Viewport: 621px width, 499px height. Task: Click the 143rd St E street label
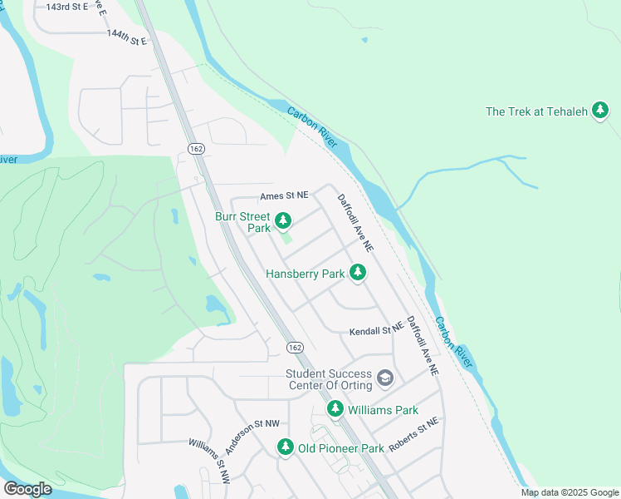pyautogui.click(x=71, y=7)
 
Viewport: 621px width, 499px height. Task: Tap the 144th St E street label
pyautogui.click(x=126, y=37)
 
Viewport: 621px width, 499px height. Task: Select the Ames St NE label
pyautogui.click(x=284, y=195)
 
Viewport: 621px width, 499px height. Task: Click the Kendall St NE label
pyautogui.click(x=375, y=330)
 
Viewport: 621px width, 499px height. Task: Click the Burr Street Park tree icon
pyautogui.click(x=283, y=220)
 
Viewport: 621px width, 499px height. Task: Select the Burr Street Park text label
pyautogui.click(x=242, y=222)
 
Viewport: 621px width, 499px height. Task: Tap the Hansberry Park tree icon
pyautogui.click(x=358, y=272)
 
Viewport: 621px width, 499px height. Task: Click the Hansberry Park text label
pyautogui.click(x=305, y=273)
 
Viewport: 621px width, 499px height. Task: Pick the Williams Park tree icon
pyautogui.click(x=335, y=408)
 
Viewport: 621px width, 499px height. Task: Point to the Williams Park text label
pyautogui.click(x=383, y=410)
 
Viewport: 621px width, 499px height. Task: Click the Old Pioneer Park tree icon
pyautogui.click(x=285, y=447)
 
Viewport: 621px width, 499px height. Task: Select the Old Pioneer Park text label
pyautogui.click(x=340, y=448)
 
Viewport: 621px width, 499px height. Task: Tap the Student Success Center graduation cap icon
pyautogui.click(x=384, y=378)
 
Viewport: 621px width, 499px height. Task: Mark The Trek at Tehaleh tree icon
pyautogui.click(x=600, y=111)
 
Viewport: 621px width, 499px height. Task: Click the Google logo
pyautogui.click(x=27, y=489)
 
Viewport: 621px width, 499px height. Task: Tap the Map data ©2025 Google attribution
pyautogui.click(x=569, y=492)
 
